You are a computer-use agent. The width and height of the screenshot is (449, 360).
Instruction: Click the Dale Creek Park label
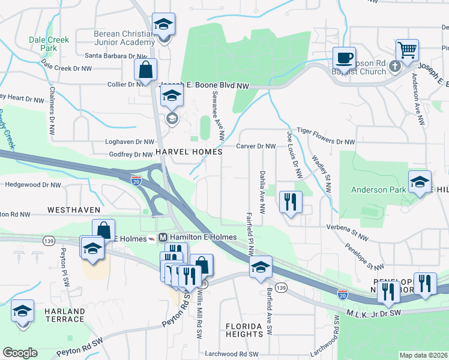point(49,43)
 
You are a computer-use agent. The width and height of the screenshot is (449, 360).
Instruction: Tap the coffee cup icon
point(344,58)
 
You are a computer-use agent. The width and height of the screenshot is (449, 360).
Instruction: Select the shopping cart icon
point(407,51)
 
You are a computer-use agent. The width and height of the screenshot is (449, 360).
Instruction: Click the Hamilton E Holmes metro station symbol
point(161,238)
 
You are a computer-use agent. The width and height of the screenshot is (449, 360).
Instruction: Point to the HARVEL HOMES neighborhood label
point(188,152)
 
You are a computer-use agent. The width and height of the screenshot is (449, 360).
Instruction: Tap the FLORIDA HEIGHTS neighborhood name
point(244,329)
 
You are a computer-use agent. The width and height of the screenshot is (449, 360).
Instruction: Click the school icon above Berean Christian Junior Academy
point(163,25)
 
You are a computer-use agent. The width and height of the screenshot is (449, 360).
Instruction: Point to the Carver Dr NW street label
point(256,146)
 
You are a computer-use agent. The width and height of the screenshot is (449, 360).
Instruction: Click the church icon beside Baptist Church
point(394,66)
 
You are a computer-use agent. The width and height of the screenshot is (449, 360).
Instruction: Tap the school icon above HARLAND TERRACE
point(22,311)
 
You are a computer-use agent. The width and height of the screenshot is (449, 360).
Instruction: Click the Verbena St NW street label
point(346,227)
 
